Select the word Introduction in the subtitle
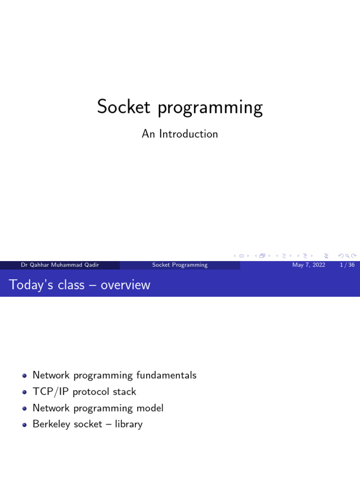click(x=188, y=134)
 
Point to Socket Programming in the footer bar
click(x=180, y=265)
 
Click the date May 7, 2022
click(x=308, y=265)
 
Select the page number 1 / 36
click(x=347, y=265)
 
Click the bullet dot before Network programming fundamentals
click(x=24, y=375)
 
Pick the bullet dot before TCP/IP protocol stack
click(x=24, y=392)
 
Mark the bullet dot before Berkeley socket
click(x=24, y=425)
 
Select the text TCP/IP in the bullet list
click(x=49, y=392)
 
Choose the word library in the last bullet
click(x=128, y=425)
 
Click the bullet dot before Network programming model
click(x=24, y=408)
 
